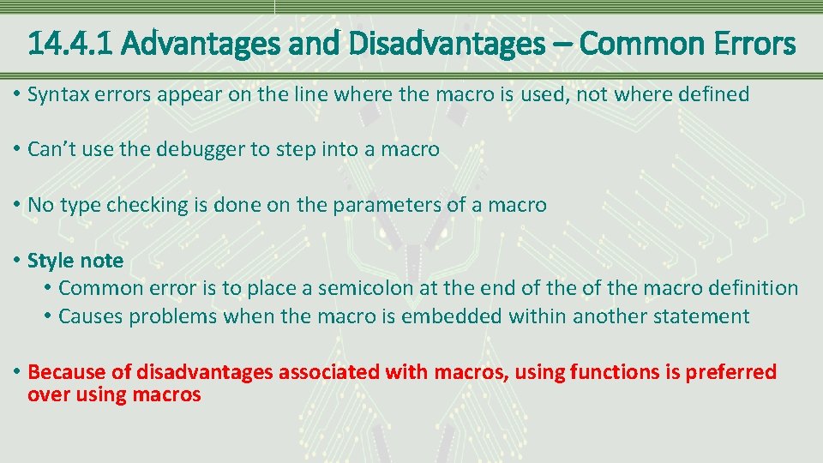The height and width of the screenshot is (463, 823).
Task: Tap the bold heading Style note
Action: [75, 261]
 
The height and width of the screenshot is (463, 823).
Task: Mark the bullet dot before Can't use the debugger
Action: [17, 150]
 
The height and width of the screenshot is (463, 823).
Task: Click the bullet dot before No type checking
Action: [17, 205]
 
